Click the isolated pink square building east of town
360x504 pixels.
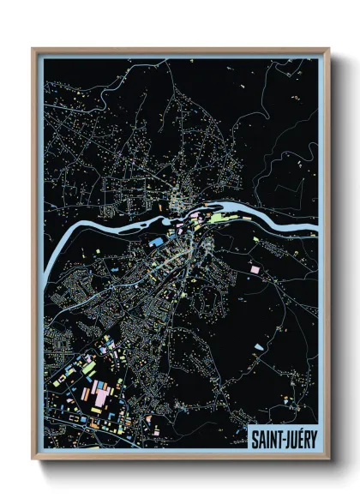pos(255,269)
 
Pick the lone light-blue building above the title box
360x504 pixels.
pos(259,347)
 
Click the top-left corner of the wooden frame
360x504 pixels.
pos(33,49)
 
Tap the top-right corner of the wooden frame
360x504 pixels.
pos(328,49)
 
